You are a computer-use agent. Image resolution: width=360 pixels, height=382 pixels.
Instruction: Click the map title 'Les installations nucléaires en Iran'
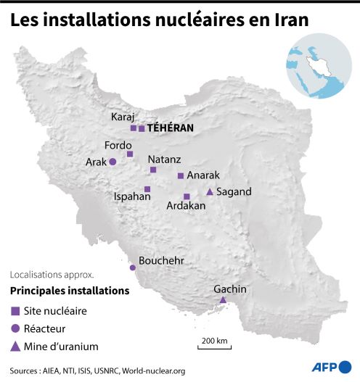(x=159, y=21)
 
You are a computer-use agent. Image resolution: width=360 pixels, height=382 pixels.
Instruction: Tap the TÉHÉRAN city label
(x=170, y=128)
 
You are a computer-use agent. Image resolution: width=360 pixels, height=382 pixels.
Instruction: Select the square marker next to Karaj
(x=134, y=128)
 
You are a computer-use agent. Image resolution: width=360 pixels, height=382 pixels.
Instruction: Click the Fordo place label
(x=118, y=144)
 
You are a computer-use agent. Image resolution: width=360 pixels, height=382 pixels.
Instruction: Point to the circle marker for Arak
(x=112, y=162)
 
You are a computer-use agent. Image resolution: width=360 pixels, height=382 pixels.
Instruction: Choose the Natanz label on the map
(x=165, y=159)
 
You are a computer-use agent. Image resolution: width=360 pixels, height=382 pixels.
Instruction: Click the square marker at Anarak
(x=181, y=175)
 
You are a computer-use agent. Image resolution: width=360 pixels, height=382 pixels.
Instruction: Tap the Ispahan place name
(x=132, y=196)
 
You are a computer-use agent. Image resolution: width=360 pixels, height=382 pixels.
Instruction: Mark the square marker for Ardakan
(x=187, y=196)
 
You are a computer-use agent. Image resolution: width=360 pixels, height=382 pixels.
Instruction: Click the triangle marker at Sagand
(x=210, y=192)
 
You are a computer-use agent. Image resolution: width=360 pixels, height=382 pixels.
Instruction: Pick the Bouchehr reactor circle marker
(x=132, y=267)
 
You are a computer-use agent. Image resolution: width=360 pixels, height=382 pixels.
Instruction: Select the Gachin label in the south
(x=230, y=289)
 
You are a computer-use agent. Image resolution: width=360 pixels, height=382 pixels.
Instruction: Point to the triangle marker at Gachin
(x=223, y=300)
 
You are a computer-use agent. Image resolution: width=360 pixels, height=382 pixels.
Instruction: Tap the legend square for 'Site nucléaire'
(x=15, y=311)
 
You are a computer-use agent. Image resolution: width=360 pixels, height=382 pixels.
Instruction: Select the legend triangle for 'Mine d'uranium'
(x=15, y=346)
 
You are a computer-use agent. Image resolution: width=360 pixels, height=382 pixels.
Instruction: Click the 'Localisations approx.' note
(x=52, y=275)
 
